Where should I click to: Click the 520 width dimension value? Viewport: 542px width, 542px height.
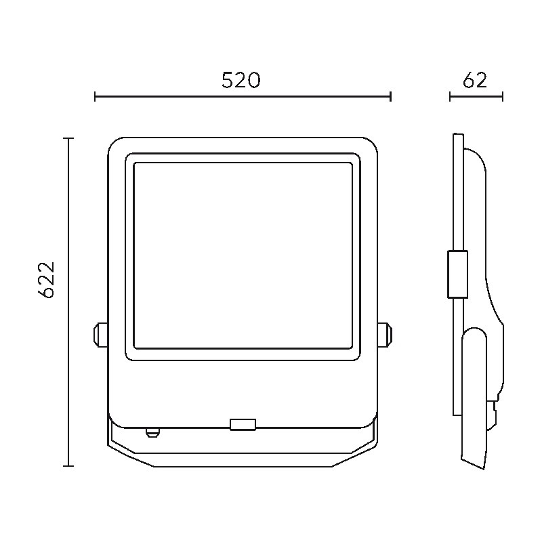(x=241, y=80)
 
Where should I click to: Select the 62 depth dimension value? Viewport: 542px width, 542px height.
(x=475, y=80)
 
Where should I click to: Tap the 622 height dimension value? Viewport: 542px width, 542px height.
(x=46, y=280)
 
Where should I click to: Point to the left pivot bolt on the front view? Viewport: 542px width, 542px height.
(x=100, y=334)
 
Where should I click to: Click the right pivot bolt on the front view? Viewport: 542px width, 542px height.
(x=385, y=334)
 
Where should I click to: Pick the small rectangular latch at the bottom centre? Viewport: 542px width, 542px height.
(x=243, y=424)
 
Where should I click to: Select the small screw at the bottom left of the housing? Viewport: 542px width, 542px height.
(x=152, y=432)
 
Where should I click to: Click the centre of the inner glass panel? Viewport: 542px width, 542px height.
(x=243, y=255)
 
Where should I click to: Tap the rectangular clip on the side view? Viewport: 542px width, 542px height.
(x=458, y=274)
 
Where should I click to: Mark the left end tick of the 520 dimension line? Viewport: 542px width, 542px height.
(x=95, y=96)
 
